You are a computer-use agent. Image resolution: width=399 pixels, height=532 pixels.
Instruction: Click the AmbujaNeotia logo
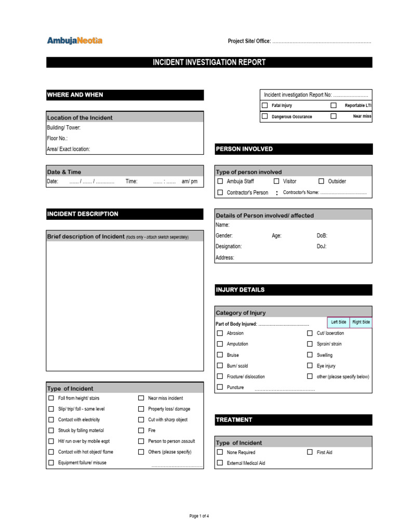[x=75, y=41]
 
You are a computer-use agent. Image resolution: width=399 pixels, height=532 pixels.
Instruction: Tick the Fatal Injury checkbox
[x=264, y=105]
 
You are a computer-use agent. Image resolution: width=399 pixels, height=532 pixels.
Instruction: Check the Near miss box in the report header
[x=334, y=116]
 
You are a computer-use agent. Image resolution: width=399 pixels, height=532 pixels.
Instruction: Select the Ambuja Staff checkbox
[x=220, y=181]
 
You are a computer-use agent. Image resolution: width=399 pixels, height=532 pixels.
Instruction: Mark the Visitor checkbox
[x=276, y=181]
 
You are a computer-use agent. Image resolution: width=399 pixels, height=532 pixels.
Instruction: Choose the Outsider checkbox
[x=321, y=181]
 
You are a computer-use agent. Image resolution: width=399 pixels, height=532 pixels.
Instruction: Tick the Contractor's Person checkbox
[x=220, y=192]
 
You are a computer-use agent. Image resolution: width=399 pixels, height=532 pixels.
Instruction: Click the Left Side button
[x=339, y=322]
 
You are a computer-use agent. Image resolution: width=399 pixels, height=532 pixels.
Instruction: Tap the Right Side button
[x=361, y=322]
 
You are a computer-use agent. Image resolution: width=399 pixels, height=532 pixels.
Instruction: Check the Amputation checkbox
[x=220, y=344]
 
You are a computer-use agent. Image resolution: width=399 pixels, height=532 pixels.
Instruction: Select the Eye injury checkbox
[x=310, y=366]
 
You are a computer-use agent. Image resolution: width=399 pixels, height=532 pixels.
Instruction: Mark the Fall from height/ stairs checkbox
[x=51, y=398]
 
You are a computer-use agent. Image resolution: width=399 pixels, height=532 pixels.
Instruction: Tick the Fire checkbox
[x=141, y=430]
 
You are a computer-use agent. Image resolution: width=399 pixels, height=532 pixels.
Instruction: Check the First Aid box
[x=310, y=453]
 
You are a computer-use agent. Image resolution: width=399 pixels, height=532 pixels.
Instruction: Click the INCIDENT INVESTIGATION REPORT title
[x=209, y=62]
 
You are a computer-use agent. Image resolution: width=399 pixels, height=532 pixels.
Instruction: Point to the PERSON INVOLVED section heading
[x=244, y=149]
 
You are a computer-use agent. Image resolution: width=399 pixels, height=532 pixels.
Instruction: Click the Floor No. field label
[x=57, y=138]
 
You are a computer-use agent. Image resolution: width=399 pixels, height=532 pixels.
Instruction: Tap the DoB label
[x=322, y=235]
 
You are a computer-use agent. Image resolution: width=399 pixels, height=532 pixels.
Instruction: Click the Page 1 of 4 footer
[x=199, y=516]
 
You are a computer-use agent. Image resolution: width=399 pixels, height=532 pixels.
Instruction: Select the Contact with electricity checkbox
[x=51, y=420]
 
